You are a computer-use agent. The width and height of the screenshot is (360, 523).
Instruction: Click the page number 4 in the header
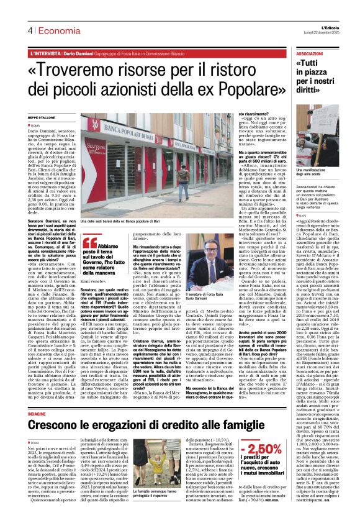[x=30, y=31]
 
